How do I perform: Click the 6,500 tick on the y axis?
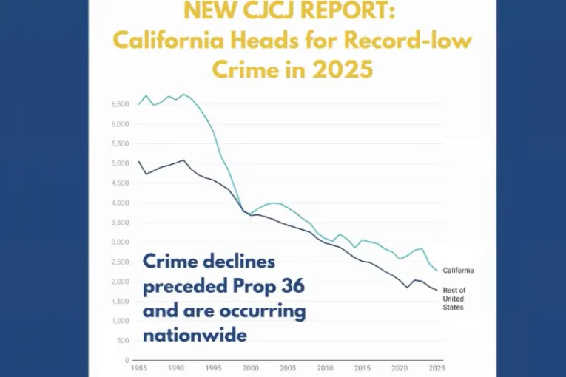click(121, 103)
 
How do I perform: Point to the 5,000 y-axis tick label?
click(121, 163)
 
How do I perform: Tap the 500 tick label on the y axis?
click(124, 341)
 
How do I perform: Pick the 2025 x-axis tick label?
click(437, 368)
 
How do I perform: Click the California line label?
click(458, 271)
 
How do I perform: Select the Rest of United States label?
click(454, 298)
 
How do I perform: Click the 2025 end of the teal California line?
click(437, 271)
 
